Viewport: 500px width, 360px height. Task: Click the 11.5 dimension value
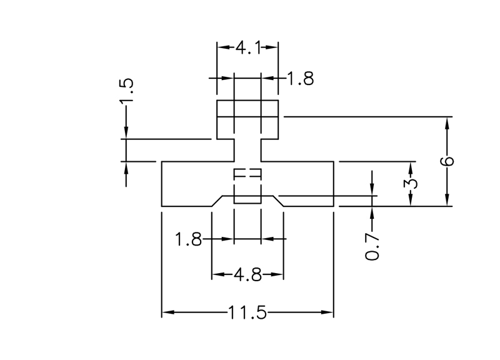(247, 312)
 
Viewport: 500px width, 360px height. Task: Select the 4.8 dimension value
(247, 274)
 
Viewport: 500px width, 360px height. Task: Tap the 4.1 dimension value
(247, 47)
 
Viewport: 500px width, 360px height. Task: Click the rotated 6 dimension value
(447, 161)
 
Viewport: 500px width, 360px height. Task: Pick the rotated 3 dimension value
(411, 184)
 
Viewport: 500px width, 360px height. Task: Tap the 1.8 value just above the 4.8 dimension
(188, 239)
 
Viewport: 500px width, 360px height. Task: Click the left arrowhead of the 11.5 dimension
(166, 312)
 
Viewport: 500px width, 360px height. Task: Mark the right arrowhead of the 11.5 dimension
(329, 312)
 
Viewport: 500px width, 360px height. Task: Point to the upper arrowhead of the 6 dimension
(447, 121)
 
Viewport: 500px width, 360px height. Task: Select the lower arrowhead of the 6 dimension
(447, 201)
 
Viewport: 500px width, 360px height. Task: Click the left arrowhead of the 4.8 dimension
(216, 274)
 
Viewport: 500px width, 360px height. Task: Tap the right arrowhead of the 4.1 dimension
(274, 47)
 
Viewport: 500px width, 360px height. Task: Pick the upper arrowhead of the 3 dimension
(411, 166)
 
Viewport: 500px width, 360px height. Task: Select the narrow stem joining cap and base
(247, 150)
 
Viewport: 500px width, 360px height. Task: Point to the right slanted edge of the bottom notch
(277, 200)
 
